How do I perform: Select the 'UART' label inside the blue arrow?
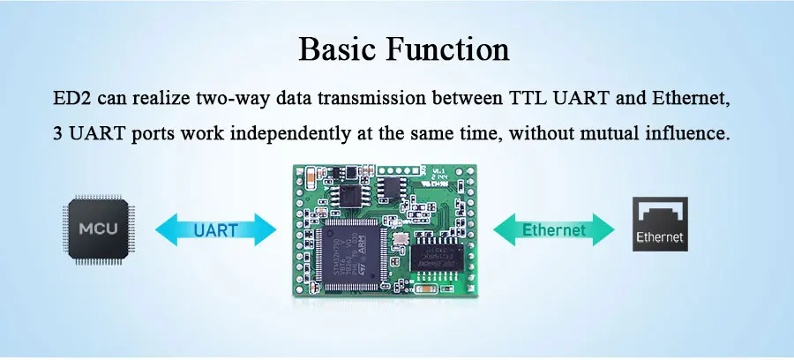[x=215, y=231]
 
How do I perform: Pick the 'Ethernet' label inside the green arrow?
[x=553, y=231]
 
